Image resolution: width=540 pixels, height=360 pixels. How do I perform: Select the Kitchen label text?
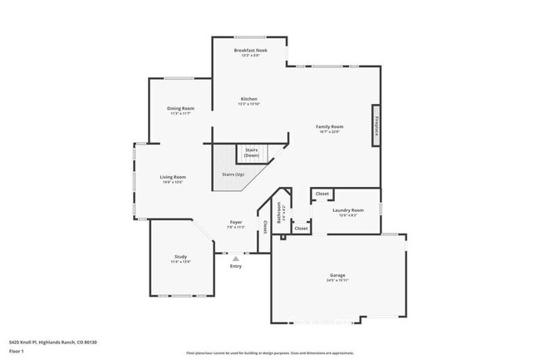[249, 99]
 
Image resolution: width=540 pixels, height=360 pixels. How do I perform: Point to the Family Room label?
[329, 127]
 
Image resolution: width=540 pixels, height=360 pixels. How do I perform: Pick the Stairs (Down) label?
[252, 153]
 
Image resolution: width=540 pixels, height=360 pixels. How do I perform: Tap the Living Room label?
[172, 177]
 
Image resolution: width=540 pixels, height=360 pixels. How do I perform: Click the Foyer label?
[237, 223]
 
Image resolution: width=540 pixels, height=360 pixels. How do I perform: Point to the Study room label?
[180, 257]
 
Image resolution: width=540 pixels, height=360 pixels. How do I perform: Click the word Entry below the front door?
[236, 266]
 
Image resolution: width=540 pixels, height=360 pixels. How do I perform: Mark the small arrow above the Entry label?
[236, 257]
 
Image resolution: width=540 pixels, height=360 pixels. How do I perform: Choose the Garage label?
[337, 277]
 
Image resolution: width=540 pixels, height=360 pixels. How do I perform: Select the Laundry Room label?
[347, 210]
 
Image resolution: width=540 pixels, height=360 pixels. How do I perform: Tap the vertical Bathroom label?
[279, 212]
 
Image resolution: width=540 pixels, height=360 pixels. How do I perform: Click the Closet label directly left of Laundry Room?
[322, 194]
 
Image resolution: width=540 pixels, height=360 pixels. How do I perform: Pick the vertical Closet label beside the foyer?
[265, 225]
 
